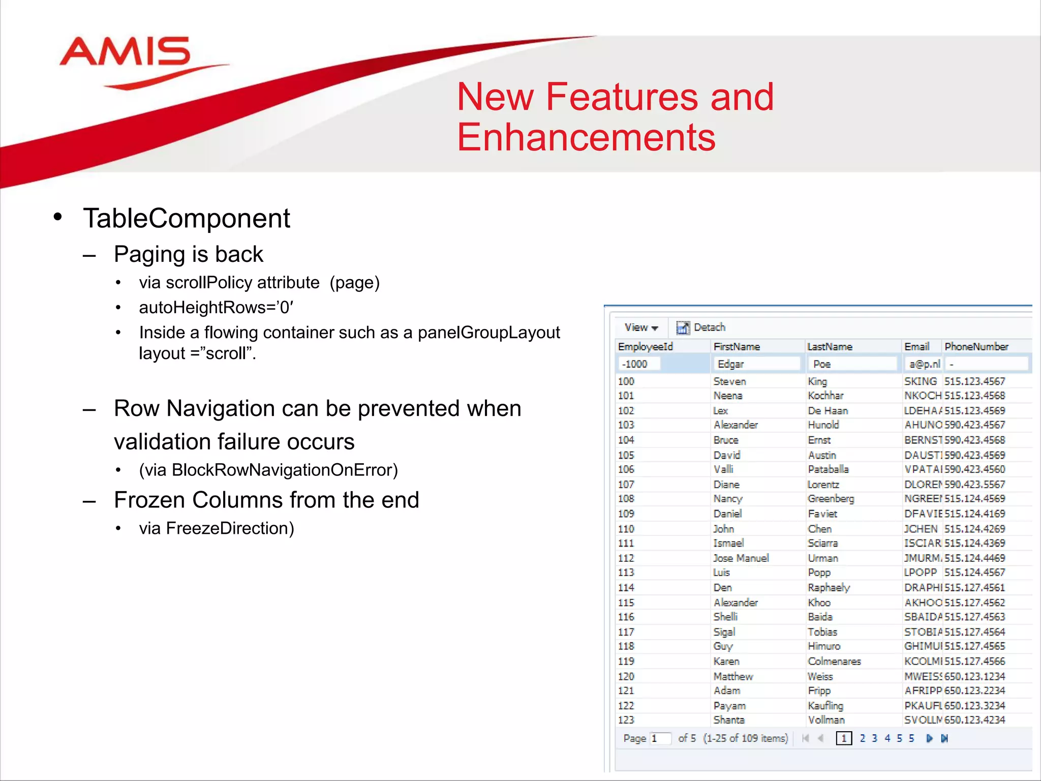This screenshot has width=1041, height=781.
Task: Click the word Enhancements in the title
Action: tap(586, 137)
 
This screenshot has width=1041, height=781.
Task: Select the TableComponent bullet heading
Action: tap(187, 219)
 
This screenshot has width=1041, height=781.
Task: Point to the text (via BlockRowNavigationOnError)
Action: tap(268, 470)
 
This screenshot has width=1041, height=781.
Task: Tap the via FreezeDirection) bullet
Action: tap(217, 528)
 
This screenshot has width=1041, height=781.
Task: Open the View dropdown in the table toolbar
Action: tap(641, 327)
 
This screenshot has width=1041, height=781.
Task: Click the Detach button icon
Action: tap(683, 327)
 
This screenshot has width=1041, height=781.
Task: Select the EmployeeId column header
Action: tap(645, 347)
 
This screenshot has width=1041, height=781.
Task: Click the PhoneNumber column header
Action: tap(976, 347)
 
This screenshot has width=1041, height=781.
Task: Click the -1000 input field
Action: tap(639, 364)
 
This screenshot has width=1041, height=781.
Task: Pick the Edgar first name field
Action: tap(756, 364)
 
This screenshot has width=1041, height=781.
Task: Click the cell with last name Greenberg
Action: tap(831, 499)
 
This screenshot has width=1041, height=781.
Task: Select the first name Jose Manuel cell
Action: tap(741, 558)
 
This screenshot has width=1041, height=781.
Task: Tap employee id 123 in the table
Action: tap(626, 720)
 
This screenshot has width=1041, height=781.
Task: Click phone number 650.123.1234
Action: tap(974, 677)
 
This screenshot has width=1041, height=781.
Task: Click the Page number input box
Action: tap(660, 738)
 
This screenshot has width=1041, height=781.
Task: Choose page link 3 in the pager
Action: tap(874, 738)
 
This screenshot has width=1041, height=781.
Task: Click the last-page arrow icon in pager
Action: tap(944, 738)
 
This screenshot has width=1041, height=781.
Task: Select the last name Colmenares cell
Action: tap(834, 662)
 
